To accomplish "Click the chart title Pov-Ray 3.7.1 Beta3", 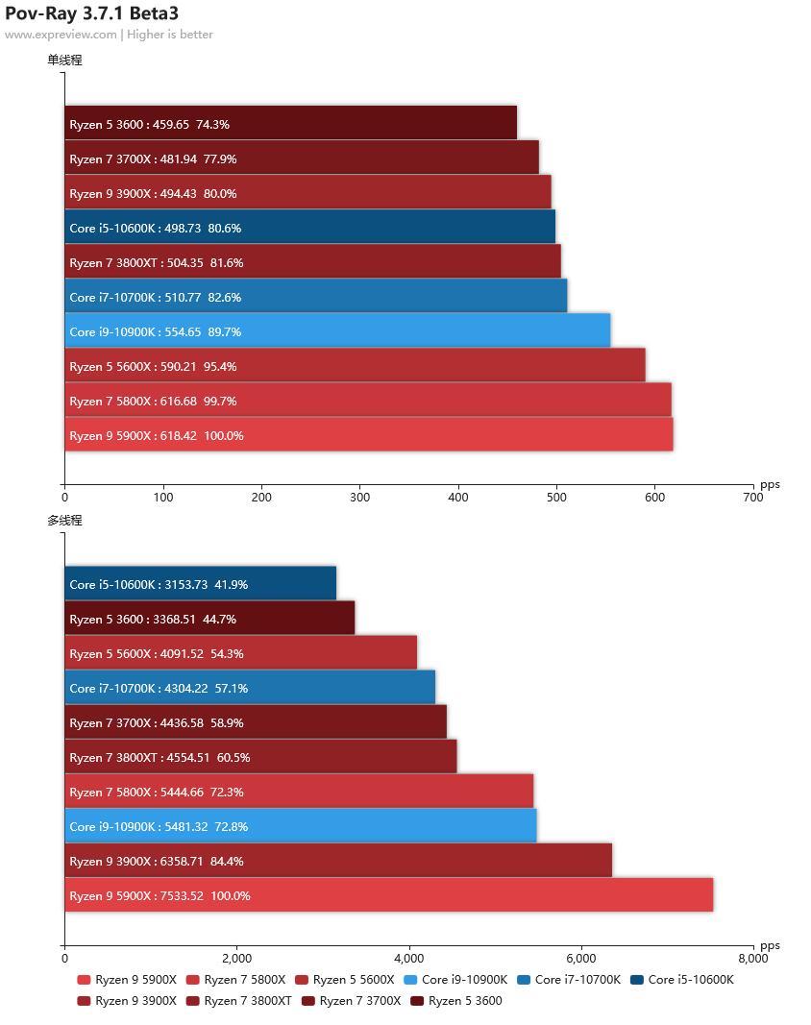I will pos(91,13).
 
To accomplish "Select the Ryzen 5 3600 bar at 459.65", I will pos(290,124).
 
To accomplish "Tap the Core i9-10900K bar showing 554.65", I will pos(337,331).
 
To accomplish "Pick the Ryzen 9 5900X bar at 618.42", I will pos(368,435).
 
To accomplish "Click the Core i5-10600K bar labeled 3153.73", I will pos(200,584).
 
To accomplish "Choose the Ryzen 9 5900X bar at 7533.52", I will pos(388,895).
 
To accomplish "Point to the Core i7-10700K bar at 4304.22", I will pos(250,688).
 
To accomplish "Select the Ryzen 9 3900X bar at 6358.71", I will pos(337,861).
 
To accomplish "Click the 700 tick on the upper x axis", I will pos(752,498).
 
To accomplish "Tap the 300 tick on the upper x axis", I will pos(360,498).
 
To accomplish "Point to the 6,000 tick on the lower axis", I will pos(581,958).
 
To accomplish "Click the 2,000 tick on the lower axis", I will pos(236,958).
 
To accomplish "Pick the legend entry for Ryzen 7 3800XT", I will pos(239,1001).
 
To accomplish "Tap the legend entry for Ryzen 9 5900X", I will pos(127,980).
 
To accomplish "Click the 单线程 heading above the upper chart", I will pos(64,60).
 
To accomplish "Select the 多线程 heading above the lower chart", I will pos(64,521).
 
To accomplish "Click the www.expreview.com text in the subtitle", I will pos(61,35).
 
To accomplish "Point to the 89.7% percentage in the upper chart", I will pos(225,331).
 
